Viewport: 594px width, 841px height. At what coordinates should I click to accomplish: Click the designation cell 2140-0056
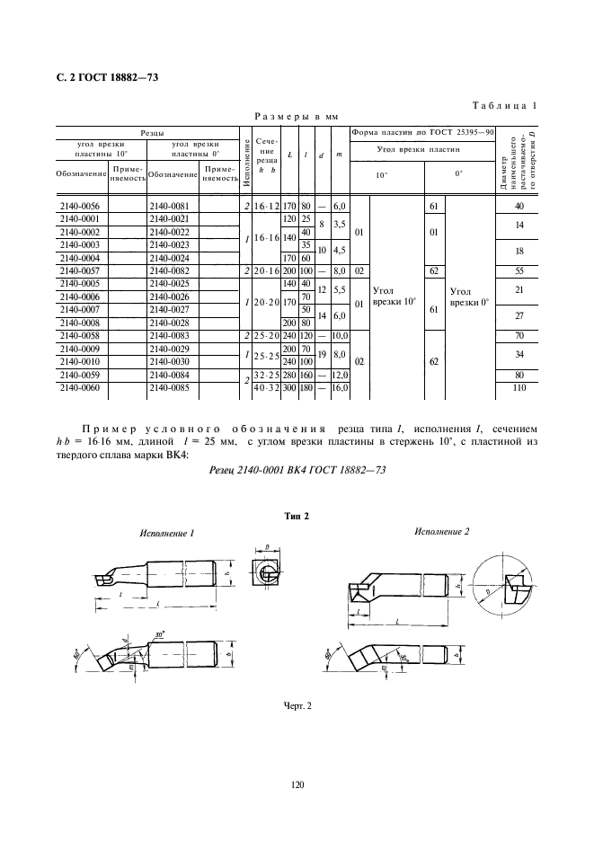pyautogui.click(x=80, y=207)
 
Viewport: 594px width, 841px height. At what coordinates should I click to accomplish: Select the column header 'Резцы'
pyautogui.click(x=149, y=131)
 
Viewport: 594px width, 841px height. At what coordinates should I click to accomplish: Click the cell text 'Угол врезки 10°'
pyautogui.click(x=395, y=296)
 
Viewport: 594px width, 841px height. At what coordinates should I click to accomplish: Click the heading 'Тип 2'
pyautogui.click(x=296, y=516)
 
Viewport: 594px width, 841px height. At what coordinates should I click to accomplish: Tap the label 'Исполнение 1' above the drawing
pyautogui.click(x=167, y=533)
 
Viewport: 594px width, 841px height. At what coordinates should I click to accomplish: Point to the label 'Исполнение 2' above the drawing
pyautogui.click(x=441, y=532)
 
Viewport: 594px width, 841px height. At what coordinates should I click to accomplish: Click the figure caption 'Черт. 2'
pyautogui.click(x=296, y=704)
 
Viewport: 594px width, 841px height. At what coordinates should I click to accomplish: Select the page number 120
pyautogui.click(x=297, y=785)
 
